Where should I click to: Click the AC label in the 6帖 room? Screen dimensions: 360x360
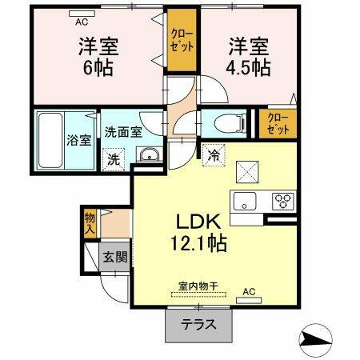pos(82,13)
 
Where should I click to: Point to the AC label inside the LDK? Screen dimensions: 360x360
pos(249,292)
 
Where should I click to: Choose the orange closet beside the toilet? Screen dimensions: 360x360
pos(278,124)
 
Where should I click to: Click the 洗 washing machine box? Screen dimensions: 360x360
pos(114,158)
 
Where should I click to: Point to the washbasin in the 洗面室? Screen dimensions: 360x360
pos(147,155)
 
